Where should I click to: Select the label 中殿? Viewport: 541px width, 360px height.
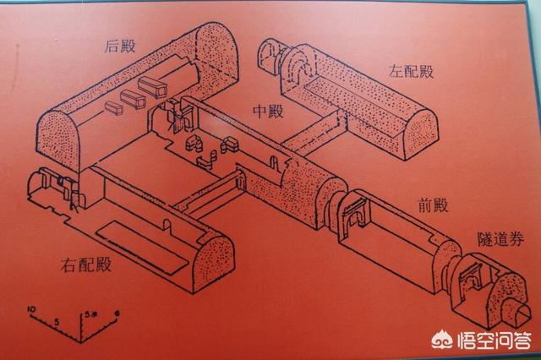click(x=270, y=110)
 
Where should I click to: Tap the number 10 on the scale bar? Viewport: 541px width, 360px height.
click(x=32, y=309)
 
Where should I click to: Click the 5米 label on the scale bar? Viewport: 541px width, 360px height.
click(x=90, y=315)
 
